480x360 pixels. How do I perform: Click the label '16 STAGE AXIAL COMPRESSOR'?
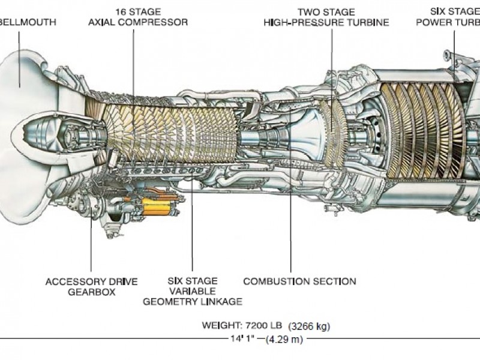click(138, 17)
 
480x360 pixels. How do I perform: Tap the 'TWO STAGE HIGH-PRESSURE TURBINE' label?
click(326, 17)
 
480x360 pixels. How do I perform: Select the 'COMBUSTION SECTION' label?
click(299, 281)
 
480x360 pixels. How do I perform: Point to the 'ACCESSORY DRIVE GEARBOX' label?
click(91, 286)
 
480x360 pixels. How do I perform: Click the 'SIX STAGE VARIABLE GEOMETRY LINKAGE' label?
click(192, 291)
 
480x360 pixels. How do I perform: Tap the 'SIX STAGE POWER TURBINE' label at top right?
click(454, 17)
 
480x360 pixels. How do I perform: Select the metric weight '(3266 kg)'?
click(309, 326)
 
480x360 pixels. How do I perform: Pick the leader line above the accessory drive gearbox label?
click(91, 246)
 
